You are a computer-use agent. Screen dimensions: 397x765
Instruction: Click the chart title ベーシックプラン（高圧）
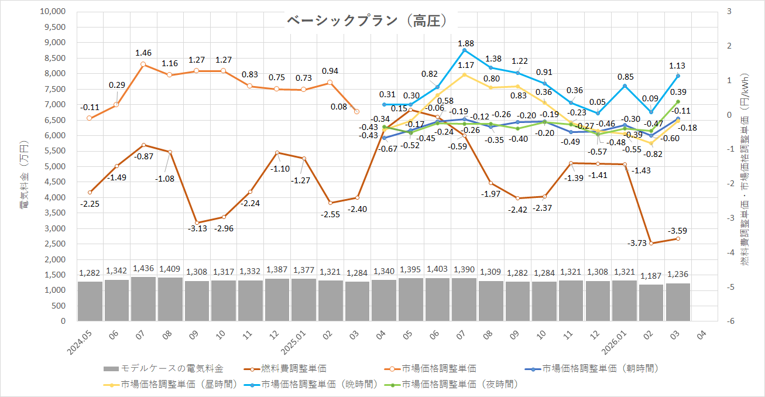tap(368, 21)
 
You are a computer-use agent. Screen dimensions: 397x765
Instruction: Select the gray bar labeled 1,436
tap(143, 299)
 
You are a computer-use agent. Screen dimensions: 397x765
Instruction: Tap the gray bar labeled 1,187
tap(651, 303)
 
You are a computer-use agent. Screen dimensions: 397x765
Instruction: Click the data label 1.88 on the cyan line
tap(466, 43)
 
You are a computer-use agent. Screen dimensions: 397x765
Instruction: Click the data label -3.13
tap(197, 228)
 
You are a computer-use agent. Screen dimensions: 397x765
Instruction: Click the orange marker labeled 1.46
tap(143, 64)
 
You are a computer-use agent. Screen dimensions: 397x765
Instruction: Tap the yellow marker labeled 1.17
tap(464, 74)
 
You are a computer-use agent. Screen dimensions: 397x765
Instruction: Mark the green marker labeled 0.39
tap(678, 102)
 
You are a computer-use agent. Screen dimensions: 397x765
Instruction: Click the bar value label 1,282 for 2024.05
tap(90, 273)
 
